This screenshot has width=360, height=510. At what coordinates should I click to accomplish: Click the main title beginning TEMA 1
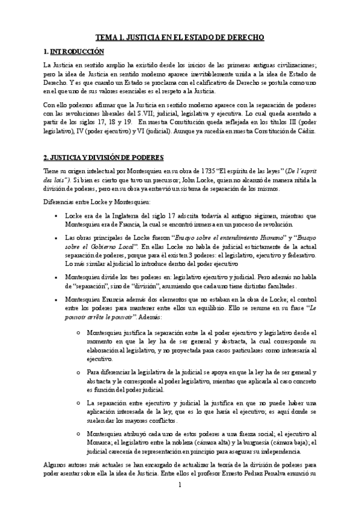pyautogui.click(x=180, y=37)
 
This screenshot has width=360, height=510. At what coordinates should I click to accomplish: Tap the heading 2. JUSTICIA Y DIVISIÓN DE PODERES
pyautogui.click(x=103, y=158)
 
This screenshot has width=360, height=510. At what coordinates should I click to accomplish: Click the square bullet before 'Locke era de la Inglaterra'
pyautogui.click(x=55, y=215)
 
